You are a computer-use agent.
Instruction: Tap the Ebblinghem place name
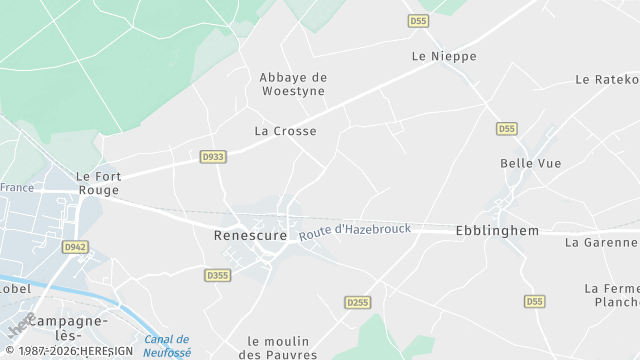tap(497, 231)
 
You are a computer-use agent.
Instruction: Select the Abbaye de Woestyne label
tap(293, 84)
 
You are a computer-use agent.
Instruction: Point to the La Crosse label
tap(285, 131)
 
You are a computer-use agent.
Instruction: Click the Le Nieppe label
tap(444, 57)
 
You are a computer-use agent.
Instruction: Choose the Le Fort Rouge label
tap(98, 183)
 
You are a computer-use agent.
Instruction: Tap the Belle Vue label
tap(531, 163)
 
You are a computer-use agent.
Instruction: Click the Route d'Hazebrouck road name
tap(355, 231)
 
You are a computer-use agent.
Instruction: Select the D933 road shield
tap(212, 157)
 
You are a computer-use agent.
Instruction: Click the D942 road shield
tap(73, 247)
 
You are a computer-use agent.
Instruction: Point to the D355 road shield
tap(217, 275)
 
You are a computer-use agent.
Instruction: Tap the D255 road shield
tap(357, 302)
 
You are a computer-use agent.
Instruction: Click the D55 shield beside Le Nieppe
tap(418, 21)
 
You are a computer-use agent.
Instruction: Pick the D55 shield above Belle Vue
tap(507, 129)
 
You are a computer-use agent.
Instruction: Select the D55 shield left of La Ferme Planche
tap(534, 301)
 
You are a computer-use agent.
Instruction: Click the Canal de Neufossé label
tap(166, 346)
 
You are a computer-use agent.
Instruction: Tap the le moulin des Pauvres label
tap(282, 348)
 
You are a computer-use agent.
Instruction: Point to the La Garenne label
tap(601, 242)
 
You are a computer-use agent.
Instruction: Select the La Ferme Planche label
tap(611, 295)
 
